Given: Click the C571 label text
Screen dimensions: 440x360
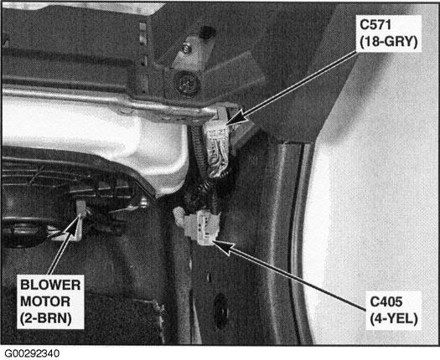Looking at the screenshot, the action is pyautogui.click(x=375, y=25).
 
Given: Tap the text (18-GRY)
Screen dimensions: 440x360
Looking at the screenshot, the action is pyautogui.click(x=388, y=42).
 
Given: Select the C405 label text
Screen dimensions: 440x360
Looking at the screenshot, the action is pyautogui.click(x=386, y=302).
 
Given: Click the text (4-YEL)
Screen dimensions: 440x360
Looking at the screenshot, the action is pyautogui.click(x=394, y=319).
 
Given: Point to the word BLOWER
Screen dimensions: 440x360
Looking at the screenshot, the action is pyautogui.click(x=50, y=285).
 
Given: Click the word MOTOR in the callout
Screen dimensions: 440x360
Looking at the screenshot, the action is pyautogui.click(x=45, y=301).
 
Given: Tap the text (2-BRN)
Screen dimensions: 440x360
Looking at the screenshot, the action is pyautogui.click(x=45, y=318).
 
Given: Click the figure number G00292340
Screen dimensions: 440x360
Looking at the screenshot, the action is pyautogui.click(x=32, y=353).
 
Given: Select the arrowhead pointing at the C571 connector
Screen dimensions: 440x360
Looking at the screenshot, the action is pyautogui.click(x=236, y=118).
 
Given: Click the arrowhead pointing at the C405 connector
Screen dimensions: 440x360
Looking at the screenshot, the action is pyautogui.click(x=222, y=246).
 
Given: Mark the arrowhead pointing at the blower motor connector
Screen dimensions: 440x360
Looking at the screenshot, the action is pyautogui.click(x=74, y=225).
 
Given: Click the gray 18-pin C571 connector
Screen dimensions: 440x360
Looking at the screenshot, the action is pyautogui.click(x=217, y=147).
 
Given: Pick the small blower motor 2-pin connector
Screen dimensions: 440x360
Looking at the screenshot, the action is pyautogui.click(x=81, y=208).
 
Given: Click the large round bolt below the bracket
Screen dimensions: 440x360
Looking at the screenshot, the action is pyautogui.click(x=187, y=83).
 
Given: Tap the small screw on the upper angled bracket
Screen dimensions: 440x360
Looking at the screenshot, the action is pyautogui.click(x=187, y=49).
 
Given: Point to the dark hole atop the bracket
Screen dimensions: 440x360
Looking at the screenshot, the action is pyautogui.click(x=207, y=33).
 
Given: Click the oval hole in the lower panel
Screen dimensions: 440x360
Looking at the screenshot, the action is pyautogui.click(x=221, y=311).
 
